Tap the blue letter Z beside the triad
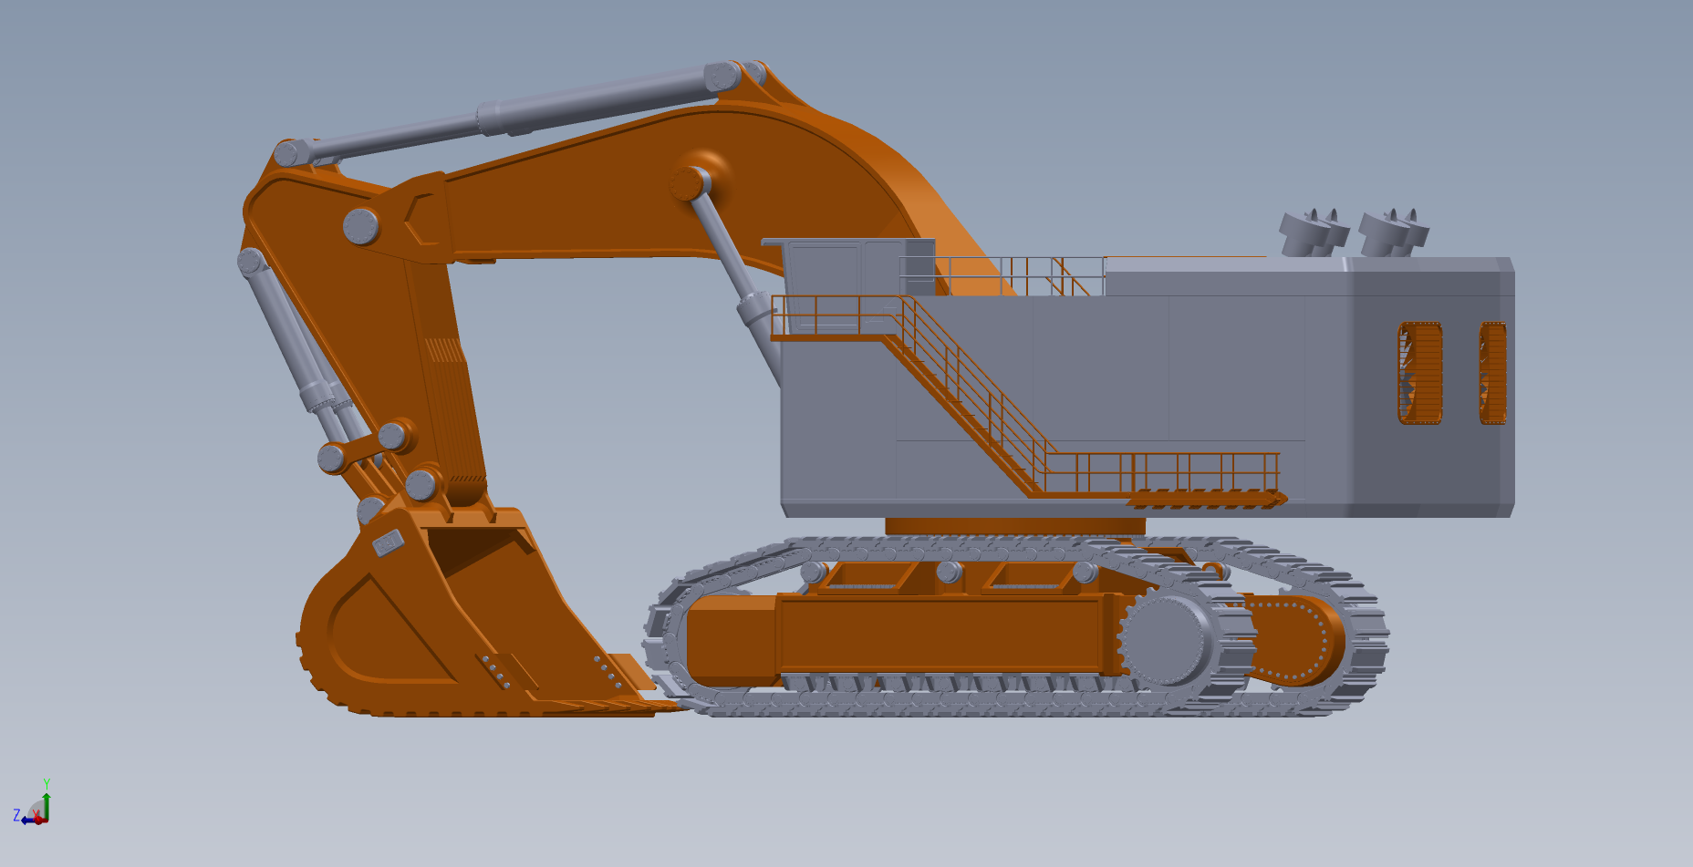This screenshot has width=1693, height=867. point(16,815)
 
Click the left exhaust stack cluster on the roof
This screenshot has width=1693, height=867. point(1314,232)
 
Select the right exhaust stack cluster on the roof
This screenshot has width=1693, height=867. point(1393,232)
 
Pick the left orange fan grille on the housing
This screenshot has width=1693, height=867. point(1420,373)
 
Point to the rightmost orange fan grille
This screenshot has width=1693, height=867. point(1492,373)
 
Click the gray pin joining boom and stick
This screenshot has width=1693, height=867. point(361,226)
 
